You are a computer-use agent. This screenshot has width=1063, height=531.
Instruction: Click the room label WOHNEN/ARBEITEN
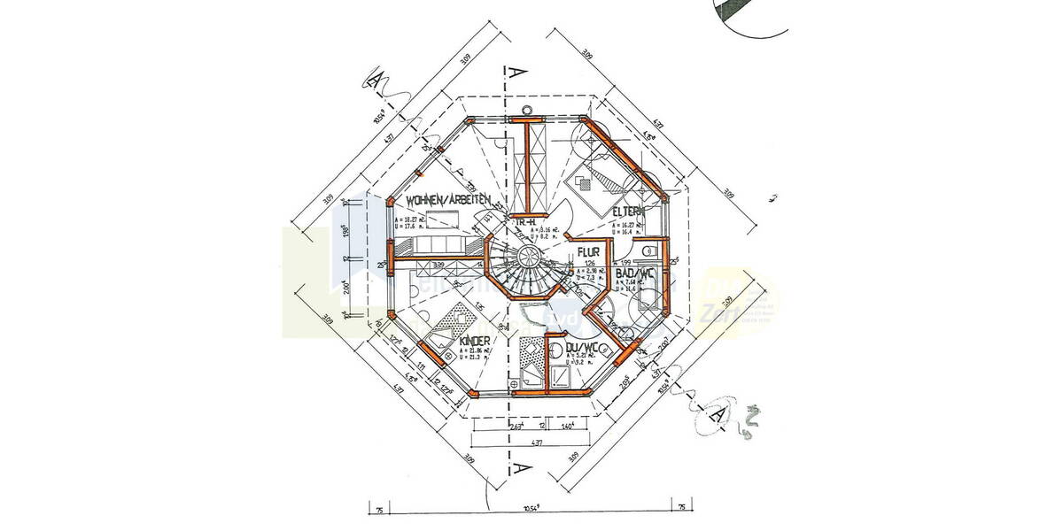click(448, 201)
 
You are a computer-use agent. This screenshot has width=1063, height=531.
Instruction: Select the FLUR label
click(589, 251)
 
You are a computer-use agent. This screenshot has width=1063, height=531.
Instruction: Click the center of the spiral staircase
click(530, 259)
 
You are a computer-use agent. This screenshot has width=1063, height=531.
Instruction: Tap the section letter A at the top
click(512, 74)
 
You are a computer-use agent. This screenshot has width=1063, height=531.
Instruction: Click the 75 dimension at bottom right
click(681, 508)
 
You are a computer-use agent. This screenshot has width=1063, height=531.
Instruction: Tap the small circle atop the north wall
click(528, 111)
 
